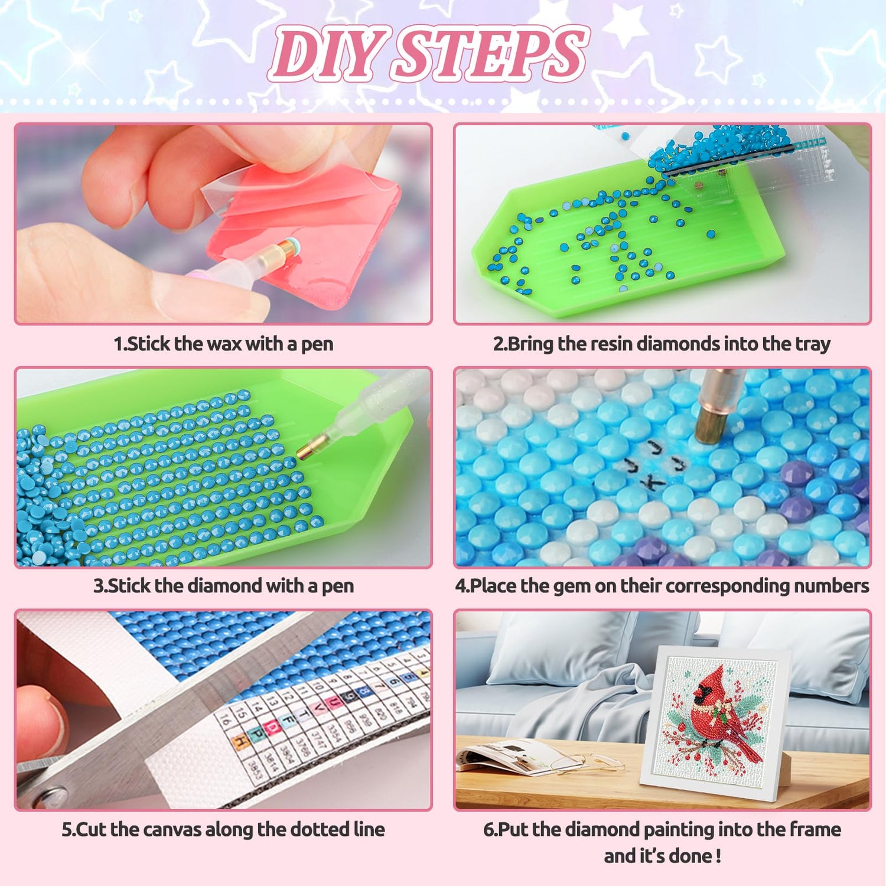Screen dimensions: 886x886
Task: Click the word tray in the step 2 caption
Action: [812, 344]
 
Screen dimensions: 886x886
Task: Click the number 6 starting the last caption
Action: [488, 830]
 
